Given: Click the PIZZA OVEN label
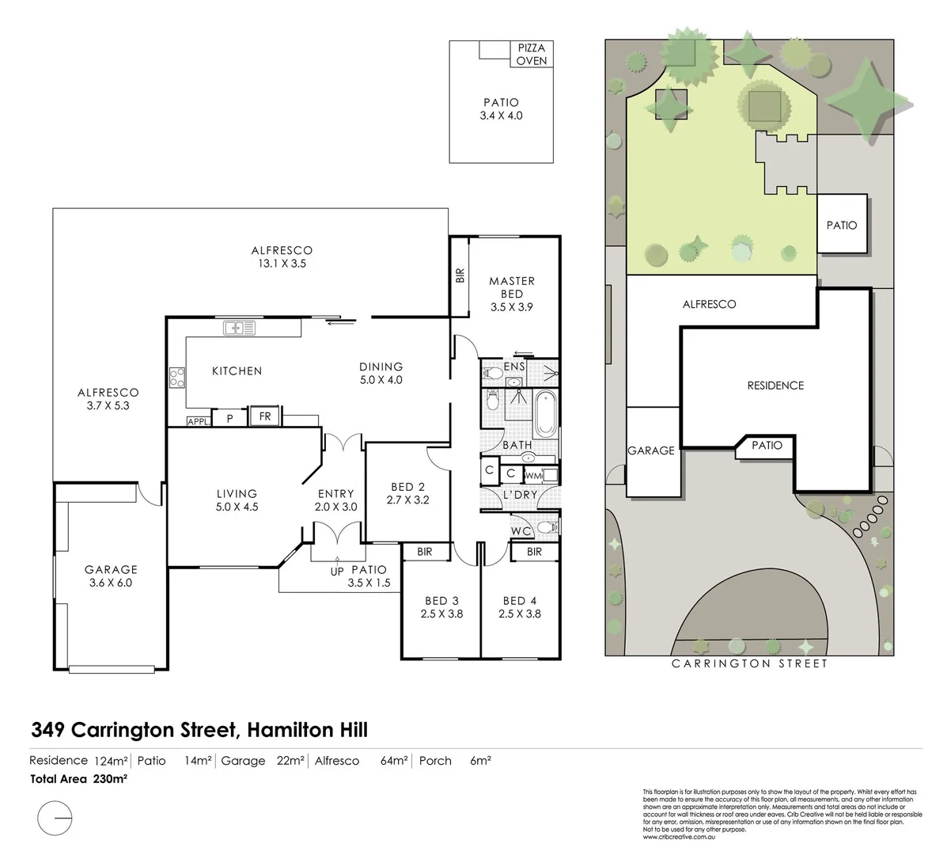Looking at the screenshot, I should point(531,54).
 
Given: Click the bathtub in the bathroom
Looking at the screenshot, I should point(545,412).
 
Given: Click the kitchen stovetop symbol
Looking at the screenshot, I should point(176,378).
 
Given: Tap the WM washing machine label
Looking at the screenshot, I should point(533,476).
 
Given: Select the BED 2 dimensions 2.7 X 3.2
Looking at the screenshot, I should point(407,500).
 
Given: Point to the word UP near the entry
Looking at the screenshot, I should point(336,570).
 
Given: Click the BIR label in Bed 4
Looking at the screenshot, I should point(534,552).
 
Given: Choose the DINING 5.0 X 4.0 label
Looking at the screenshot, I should point(381,373).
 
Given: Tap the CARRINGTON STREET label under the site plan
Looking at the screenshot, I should point(749,663).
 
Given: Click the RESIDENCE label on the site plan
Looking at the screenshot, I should point(775,386).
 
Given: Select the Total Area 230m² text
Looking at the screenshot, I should point(78,778).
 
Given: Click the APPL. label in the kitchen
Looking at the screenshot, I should point(199,422).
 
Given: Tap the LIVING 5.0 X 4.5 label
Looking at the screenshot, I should point(237,500).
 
